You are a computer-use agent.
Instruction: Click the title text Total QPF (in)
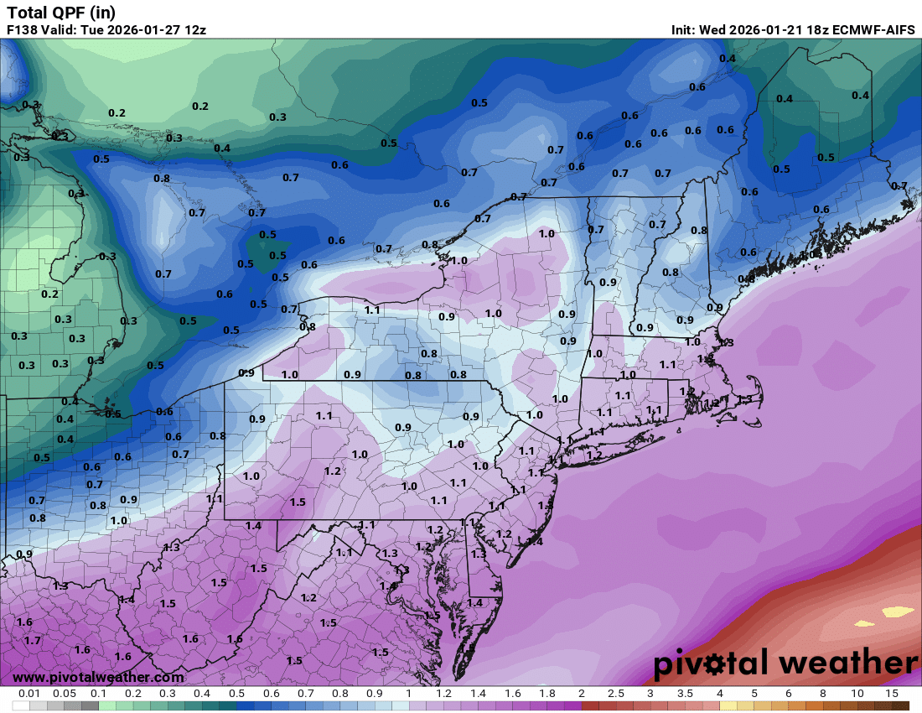pyautogui.click(x=60, y=13)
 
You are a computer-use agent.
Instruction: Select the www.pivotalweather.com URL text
pyautogui.click(x=98, y=677)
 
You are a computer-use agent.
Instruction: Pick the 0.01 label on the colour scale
pyautogui.click(x=30, y=694)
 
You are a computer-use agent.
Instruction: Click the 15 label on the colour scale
pyautogui.click(x=891, y=694)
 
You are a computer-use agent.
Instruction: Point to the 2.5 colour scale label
pyautogui.click(x=615, y=694)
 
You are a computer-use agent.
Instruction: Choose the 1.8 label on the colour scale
pyautogui.click(x=546, y=694)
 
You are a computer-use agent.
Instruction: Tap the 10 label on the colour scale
pyautogui.click(x=857, y=694)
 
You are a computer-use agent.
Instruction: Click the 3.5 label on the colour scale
pyautogui.click(x=684, y=694)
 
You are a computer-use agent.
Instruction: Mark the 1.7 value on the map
pyautogui.click(x=32, y=640)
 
